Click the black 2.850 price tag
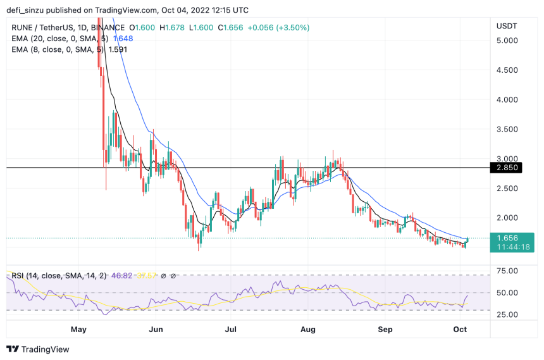pos(507,168)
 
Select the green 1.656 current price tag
pos(507,239)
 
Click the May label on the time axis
pos(78,329)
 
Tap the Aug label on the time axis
pos(307,329)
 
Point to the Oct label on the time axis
pos(461,329)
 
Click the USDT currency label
pos(507,26)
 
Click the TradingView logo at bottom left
pos(38,349)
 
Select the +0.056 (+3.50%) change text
pos(260,28)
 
